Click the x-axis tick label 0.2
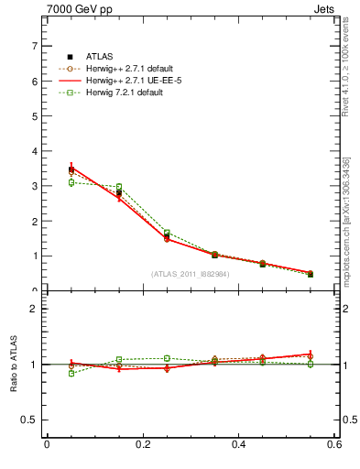coord(142,445)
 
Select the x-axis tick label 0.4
coord(238,445)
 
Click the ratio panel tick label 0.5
coord(30,420)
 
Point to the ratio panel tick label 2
coord(34,309)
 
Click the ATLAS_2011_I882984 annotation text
coord(190,274)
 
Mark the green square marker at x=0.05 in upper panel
coord(71,182)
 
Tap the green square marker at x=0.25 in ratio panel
coord(167,358)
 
